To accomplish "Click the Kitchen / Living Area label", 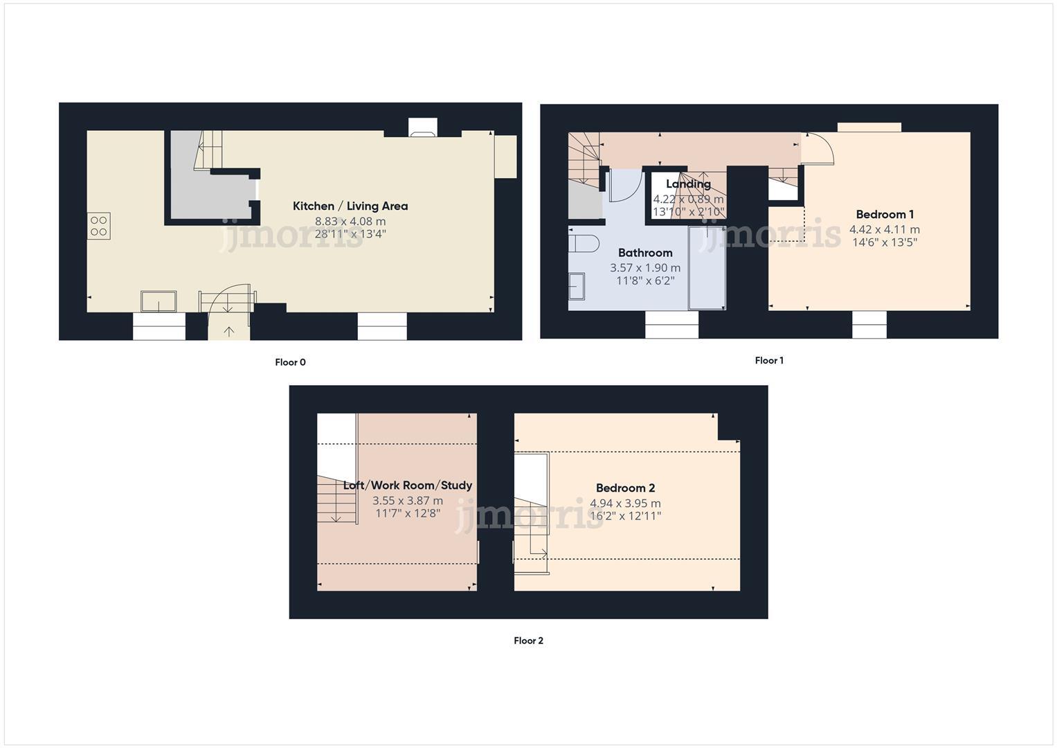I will click(350, 206).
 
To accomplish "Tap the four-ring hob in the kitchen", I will click(98, 226).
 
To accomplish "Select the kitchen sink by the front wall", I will click(159, 301).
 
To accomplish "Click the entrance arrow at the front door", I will click(229, 332).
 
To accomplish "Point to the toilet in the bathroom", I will click(584, 244).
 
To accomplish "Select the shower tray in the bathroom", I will click(707, 267).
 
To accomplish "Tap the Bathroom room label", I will click(645, 253).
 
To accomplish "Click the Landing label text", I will click(688, 184).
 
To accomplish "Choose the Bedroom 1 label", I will click(885, 215).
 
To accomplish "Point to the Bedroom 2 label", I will click(625, 488).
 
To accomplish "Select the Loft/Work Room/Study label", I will click(408, 486).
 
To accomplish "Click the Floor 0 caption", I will click(290, 362).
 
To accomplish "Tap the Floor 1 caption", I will click(769, 360).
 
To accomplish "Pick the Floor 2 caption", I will click(528, 641).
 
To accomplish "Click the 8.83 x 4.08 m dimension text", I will click(350, 222).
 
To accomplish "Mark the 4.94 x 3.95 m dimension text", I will click(625, 504).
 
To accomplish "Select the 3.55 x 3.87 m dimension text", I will click(408, 501).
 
